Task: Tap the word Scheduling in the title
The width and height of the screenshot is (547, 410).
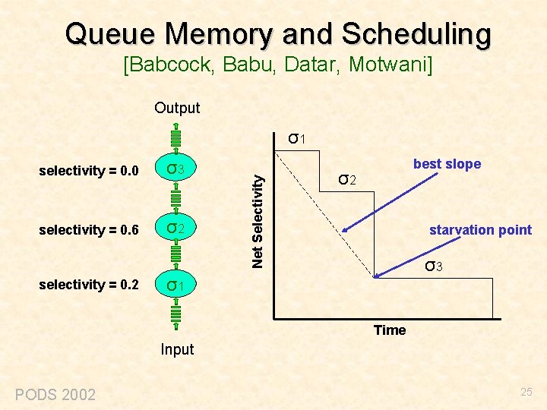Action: coord(416,33)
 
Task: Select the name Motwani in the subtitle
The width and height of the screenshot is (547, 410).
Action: coord(390,66)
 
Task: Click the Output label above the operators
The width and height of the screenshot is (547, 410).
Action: coord(177,108)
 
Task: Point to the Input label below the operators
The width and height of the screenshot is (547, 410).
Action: coord(177,349)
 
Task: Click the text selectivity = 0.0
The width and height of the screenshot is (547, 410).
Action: coord(88,171)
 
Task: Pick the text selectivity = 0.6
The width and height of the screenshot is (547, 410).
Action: coord(88,229)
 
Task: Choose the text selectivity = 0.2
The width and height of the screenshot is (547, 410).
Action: coord(88,285)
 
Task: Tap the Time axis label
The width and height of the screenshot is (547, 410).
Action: coord(390,330)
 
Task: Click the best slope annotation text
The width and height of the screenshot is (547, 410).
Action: coord(447,164)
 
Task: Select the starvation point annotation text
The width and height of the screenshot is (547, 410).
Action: coord(480,230)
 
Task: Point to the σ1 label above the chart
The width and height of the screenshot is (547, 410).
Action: coord(297,138)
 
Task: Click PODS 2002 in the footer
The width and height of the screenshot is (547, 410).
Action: coord(55,394)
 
